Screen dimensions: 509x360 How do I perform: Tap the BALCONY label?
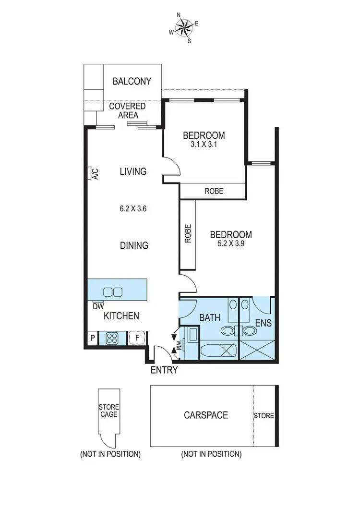132,81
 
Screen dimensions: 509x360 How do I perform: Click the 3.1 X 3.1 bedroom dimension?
204,143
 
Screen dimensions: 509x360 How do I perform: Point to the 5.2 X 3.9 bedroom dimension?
231,243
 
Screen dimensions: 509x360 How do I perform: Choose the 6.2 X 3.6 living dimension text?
132,209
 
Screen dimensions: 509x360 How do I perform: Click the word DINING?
134,245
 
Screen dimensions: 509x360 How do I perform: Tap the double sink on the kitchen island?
113,291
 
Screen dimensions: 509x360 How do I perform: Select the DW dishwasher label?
98,306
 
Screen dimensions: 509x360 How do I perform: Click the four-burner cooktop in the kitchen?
113,338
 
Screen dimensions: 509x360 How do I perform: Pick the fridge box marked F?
137,338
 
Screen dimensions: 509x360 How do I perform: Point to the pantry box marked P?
92,338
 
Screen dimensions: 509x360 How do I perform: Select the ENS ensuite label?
264,323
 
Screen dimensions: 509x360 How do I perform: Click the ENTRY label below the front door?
165,370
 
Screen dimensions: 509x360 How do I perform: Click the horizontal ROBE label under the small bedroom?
214,191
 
